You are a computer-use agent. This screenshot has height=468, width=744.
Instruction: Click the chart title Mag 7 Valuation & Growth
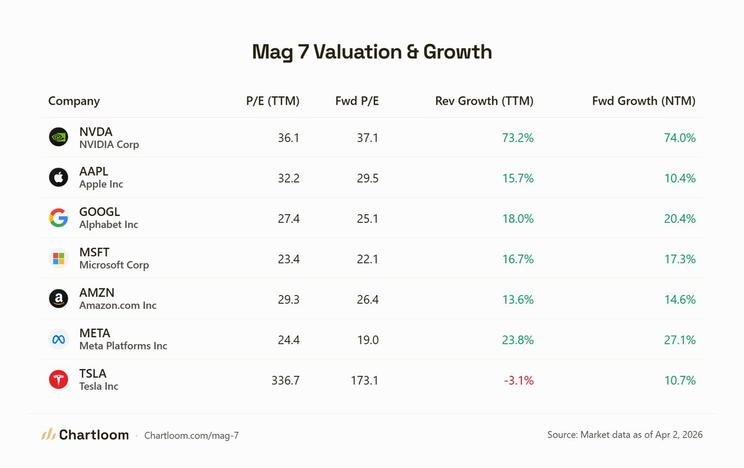point(372,52)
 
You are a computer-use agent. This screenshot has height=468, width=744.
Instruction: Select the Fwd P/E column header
point(356,101)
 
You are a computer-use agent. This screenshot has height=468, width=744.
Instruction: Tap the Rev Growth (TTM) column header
point(484,101)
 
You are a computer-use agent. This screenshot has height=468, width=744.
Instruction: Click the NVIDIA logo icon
point(58,137)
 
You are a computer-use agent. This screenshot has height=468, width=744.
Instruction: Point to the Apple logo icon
point(58,178)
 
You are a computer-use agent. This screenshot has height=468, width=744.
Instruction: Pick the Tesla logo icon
point(58,379)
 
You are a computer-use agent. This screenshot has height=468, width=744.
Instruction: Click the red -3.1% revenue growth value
point(518,380)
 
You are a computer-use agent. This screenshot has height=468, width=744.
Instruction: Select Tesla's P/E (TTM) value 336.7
point(285,380)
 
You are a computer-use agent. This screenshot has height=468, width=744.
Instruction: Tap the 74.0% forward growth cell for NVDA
point(680,138)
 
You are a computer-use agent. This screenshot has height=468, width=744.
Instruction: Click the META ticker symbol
point(95,334)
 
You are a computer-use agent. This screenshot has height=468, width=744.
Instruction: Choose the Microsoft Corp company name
point(114,265)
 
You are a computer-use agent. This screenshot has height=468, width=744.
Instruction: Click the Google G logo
point(58,218)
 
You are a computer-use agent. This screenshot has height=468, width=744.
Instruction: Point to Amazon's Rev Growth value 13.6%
point(518,300)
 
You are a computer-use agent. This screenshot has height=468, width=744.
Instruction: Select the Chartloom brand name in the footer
point(94,435)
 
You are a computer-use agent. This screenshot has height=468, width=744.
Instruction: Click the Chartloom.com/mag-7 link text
point(191,436)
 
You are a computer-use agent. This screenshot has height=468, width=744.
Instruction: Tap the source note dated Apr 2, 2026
point(625,435)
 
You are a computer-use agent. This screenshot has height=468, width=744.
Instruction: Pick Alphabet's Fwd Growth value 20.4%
point(680,219)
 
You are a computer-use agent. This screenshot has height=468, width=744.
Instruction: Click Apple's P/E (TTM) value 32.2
point(288,178)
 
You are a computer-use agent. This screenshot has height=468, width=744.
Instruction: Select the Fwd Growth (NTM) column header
point(644,101)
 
